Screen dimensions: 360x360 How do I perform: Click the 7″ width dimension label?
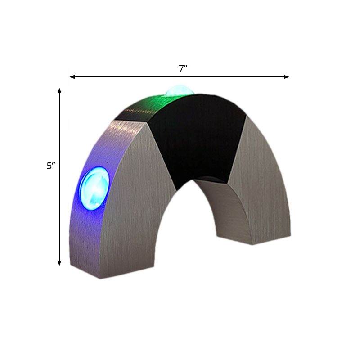[183, 68]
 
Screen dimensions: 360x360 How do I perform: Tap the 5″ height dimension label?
[50, 166]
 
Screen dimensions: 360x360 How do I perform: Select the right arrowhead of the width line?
[287, 77]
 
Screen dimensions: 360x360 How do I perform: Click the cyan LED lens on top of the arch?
[179, 91]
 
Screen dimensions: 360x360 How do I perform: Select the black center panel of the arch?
[198, 135]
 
